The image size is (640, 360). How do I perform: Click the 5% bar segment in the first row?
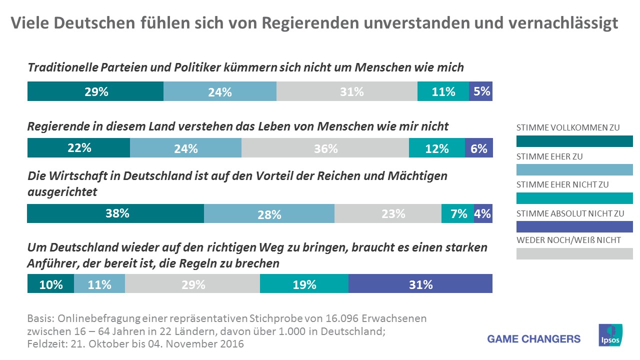[480, 91]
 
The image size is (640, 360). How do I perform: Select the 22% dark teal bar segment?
[78, 148]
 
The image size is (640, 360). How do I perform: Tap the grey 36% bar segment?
[325, 148]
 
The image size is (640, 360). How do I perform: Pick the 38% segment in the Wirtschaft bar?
[115, 213]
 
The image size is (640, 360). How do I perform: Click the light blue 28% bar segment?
[269, 213]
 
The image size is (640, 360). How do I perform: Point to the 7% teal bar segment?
[457, 213]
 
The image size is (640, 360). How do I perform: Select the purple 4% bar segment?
[483, 213]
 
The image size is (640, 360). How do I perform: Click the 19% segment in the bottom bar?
[304, 284]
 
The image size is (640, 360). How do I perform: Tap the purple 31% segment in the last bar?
[420, 284]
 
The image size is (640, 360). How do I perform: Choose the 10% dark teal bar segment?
[50, 284]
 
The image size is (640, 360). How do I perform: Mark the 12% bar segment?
[436, 148]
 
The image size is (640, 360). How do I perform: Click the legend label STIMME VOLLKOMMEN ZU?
[568, 127]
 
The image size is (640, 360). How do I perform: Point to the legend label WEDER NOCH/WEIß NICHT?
[568, 240]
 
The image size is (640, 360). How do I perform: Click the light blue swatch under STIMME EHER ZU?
[574, 169]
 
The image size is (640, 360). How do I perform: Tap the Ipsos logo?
[610, 335]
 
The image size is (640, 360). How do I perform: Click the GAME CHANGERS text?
[534, 339]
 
